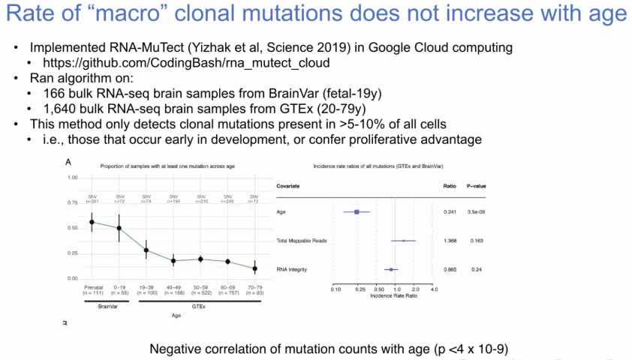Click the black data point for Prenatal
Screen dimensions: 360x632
pyautogui.click(x=92, y=222)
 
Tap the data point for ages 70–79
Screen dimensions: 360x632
pyautogui.click(x=254, y=268)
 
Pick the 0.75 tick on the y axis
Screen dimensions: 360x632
pyautogui.click(x=74, y=202)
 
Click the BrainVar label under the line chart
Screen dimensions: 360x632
pyautogui.click(x=106, y=306)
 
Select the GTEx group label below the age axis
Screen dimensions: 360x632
pyautogui.click(x=200, y=306)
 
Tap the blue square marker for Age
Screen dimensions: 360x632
pyautogui.click(x=357, y=212)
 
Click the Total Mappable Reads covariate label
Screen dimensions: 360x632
pyautogui.click(x=302, y=241)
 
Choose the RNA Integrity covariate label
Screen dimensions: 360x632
pyautogui.click(x=291, y=268)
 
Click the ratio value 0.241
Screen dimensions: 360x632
pyautogui.click(x=450, y=212)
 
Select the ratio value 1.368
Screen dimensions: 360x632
pyautogui.click(x=450, y=241)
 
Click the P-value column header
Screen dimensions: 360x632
pyautogui.click(x=478, y=184)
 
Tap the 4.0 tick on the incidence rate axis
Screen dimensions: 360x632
pyautogui.click(x=435, y=289)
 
